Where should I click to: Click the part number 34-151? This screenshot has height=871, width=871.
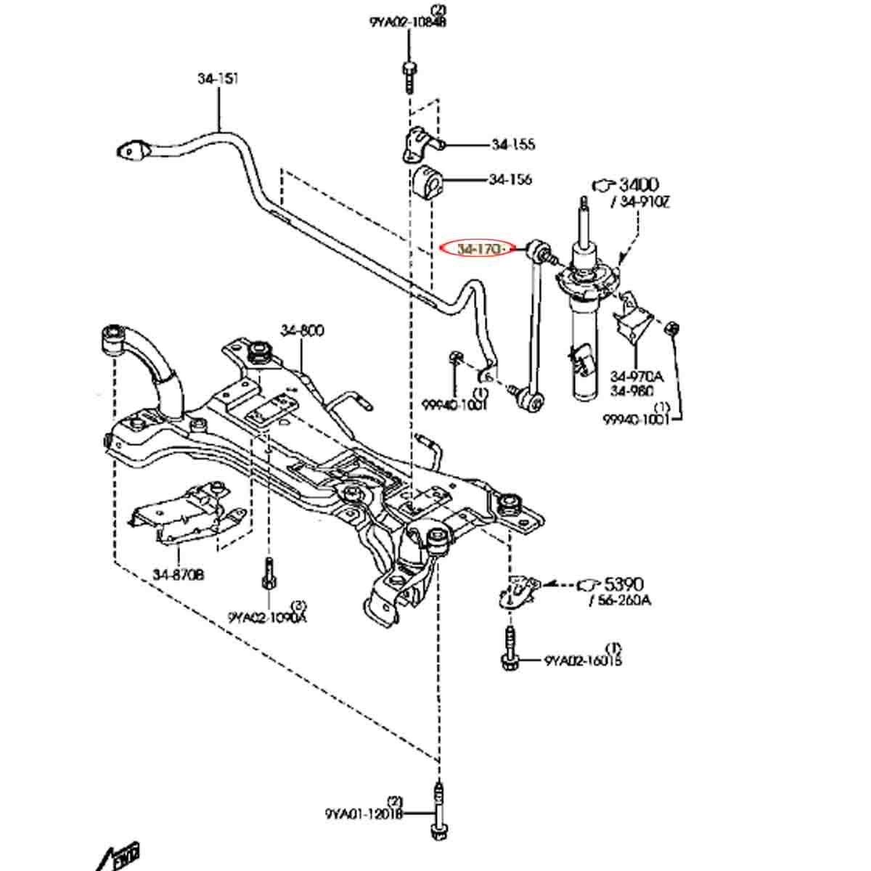point(218,78)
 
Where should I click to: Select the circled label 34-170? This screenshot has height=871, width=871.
point(479,249)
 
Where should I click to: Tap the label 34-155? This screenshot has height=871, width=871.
point(513,144)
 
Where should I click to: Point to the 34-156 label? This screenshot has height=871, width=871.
point(510,179)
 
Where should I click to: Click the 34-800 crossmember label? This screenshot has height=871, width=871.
point(302,331)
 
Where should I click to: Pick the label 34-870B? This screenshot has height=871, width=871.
point(178,575)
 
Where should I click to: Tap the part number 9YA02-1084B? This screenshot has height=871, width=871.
point(407,23)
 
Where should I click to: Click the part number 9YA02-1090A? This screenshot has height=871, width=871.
point(267,618)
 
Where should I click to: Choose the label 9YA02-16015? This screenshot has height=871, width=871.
point(583,661)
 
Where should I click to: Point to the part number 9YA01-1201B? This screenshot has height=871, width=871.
point(363,814)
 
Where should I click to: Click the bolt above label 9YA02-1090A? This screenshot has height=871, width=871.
point(268,576)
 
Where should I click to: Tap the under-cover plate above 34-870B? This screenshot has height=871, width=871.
point(185,514)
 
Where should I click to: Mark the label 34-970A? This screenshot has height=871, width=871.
point(637,377)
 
